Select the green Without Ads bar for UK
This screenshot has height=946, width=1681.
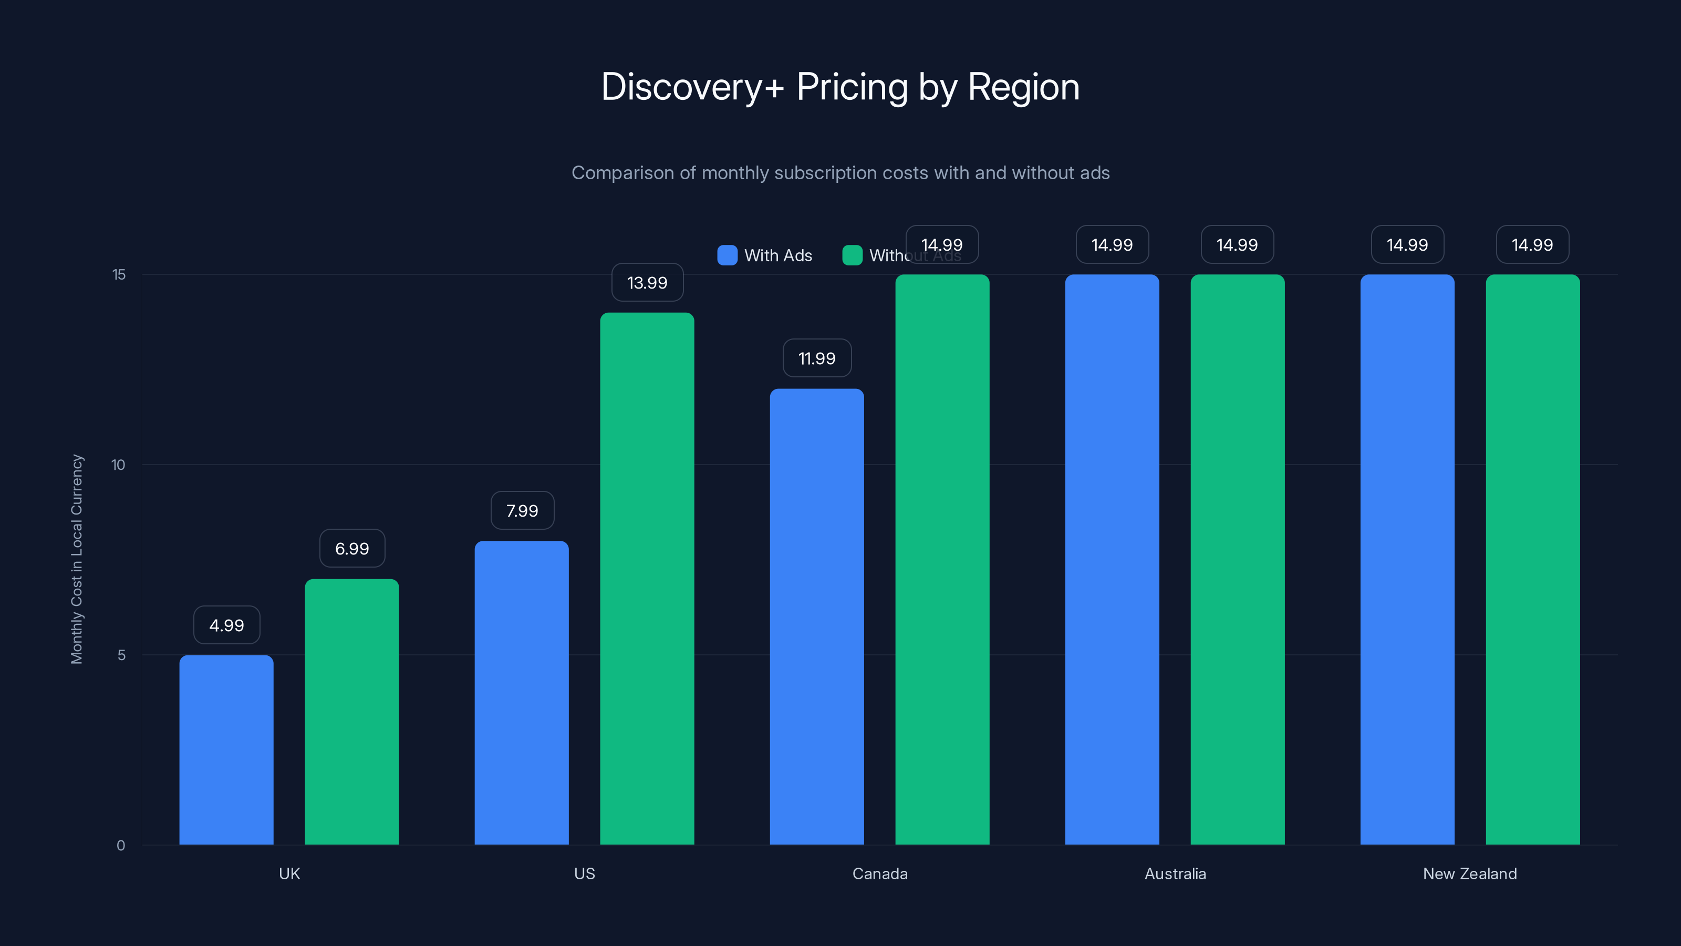click(352, 712)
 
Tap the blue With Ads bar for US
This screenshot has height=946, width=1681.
click(522, 692)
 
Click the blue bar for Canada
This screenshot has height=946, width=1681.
click(816, 616)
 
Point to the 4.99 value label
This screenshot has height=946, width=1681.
click(226, 625)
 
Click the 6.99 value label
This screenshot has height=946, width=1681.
click(352, 548)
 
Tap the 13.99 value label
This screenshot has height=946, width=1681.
click(647, 283)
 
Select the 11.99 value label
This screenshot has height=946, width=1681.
click(816, 358)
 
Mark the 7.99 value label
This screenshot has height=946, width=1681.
click(522, 510)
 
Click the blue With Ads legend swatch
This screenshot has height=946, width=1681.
click(727, 255)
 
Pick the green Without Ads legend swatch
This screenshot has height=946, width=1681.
click(852, 255)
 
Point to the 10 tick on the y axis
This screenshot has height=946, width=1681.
click(118, 465)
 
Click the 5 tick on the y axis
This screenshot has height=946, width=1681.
click(121, 655)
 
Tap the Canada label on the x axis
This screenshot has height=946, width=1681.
click(880, 873)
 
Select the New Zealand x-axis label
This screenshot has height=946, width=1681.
click(1470, 873)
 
